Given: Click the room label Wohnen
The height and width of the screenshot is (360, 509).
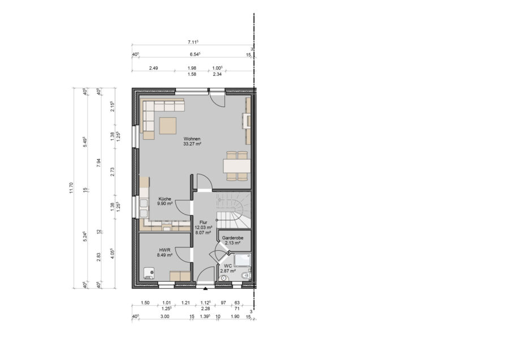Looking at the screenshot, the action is [x=192, y=139].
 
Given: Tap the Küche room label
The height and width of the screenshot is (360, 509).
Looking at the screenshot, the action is [x=165, y=199].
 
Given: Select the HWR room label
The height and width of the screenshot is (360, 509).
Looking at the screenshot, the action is [x=165, y=250].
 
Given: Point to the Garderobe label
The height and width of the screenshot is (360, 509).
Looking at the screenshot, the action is [x=233, y=238].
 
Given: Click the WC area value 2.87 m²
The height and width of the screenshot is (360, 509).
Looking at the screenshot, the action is [x=228, y=271].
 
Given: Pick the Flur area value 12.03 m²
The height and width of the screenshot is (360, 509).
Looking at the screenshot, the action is [x=204, y=228].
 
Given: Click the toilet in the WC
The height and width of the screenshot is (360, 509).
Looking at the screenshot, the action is [x=246, y=276].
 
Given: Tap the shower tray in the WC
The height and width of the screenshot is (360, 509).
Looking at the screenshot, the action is [x=242, y=260].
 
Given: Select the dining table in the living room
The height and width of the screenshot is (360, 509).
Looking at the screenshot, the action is [x=236, y=166].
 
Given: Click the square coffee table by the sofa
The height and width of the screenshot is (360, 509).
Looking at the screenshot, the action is [x=167, y=126].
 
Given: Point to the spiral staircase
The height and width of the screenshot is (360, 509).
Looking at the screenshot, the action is [x=234, y=210].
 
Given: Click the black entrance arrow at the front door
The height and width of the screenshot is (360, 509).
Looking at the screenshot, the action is [x=205, y=288].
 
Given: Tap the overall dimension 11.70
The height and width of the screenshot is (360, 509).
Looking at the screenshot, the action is [x=71, y=188].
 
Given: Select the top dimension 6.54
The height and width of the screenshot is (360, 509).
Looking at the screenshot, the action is [x=195, y=54].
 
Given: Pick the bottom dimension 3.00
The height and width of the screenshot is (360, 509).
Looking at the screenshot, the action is [x=165, y=316].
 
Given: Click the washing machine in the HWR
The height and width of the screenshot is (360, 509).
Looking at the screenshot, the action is [x=149, y=273].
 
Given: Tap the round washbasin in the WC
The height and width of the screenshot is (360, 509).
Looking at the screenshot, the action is [x=223, y=278].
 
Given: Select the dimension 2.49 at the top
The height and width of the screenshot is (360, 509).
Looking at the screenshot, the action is [x=153, y=68].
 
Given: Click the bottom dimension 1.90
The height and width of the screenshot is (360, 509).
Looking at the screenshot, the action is [x=235, y=316].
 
